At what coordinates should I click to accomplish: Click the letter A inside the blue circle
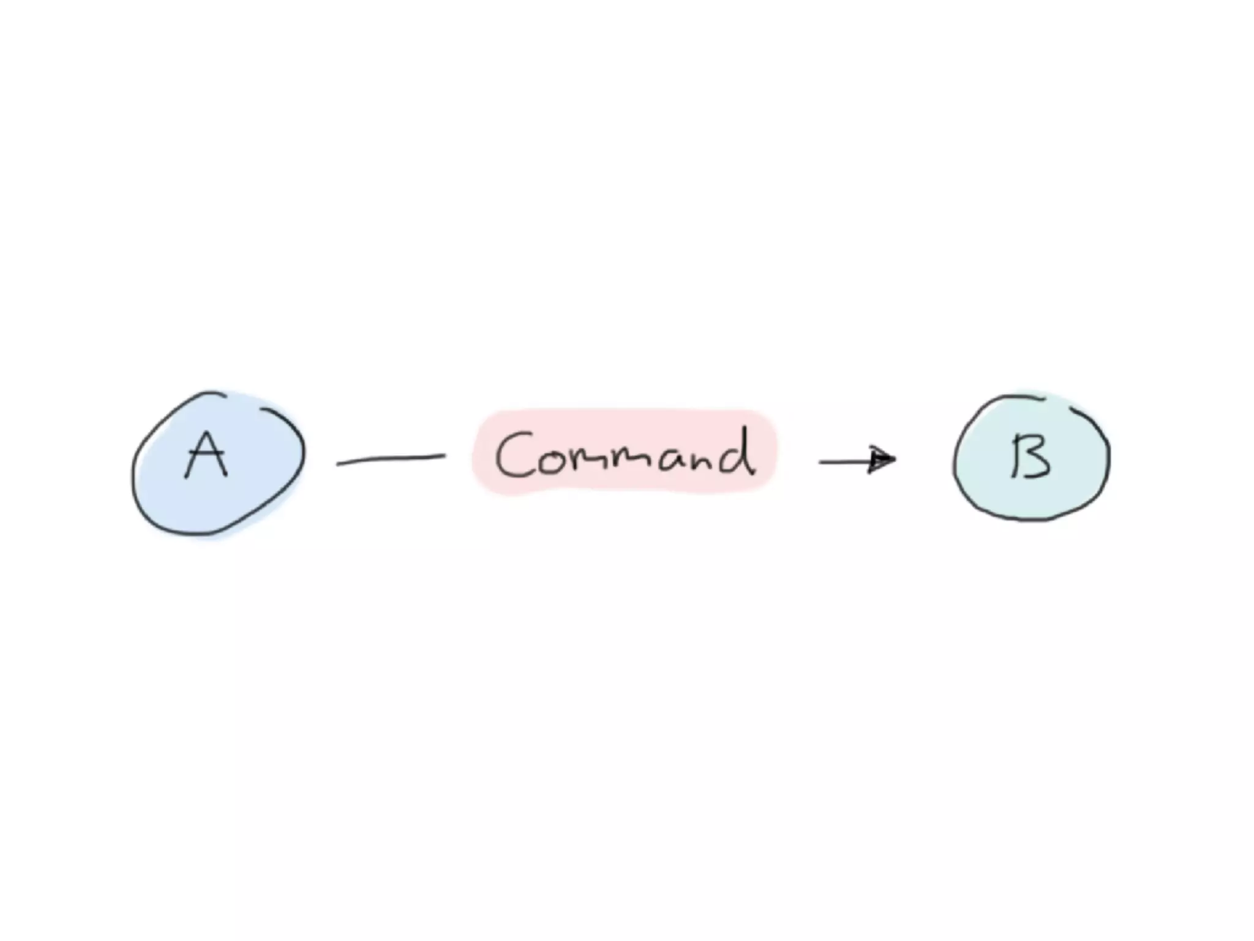tap(207, 455)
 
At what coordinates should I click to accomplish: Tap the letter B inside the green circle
tap(1030, 456)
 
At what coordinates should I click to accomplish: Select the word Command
tap(625, 453)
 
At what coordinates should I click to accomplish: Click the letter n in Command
tap(707, 462)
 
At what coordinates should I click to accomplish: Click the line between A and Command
tap(391, 459)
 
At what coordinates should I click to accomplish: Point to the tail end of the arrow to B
tap(822, 462)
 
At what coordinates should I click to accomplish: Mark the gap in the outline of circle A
tap(243, 398)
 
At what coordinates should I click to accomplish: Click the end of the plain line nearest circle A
tap(339, 464)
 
